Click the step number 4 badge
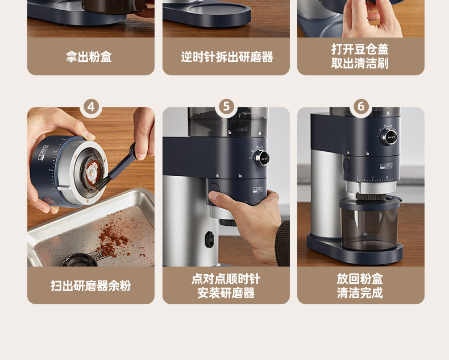point(91,107)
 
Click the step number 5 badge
point(226,106)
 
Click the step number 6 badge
point(361,106)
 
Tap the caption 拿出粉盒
point(89,57)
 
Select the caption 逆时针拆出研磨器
point(227,57)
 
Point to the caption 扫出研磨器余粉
point(91,285)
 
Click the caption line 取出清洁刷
point(360,63)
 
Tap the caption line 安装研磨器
point(226,293)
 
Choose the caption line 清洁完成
point(360,293)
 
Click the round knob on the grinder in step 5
point(261,157)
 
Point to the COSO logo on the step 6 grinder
point(386,165)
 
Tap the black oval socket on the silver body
point(210,239)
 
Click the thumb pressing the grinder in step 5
point(218,196)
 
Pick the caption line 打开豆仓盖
point(360,49)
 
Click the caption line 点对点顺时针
point(226,279)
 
